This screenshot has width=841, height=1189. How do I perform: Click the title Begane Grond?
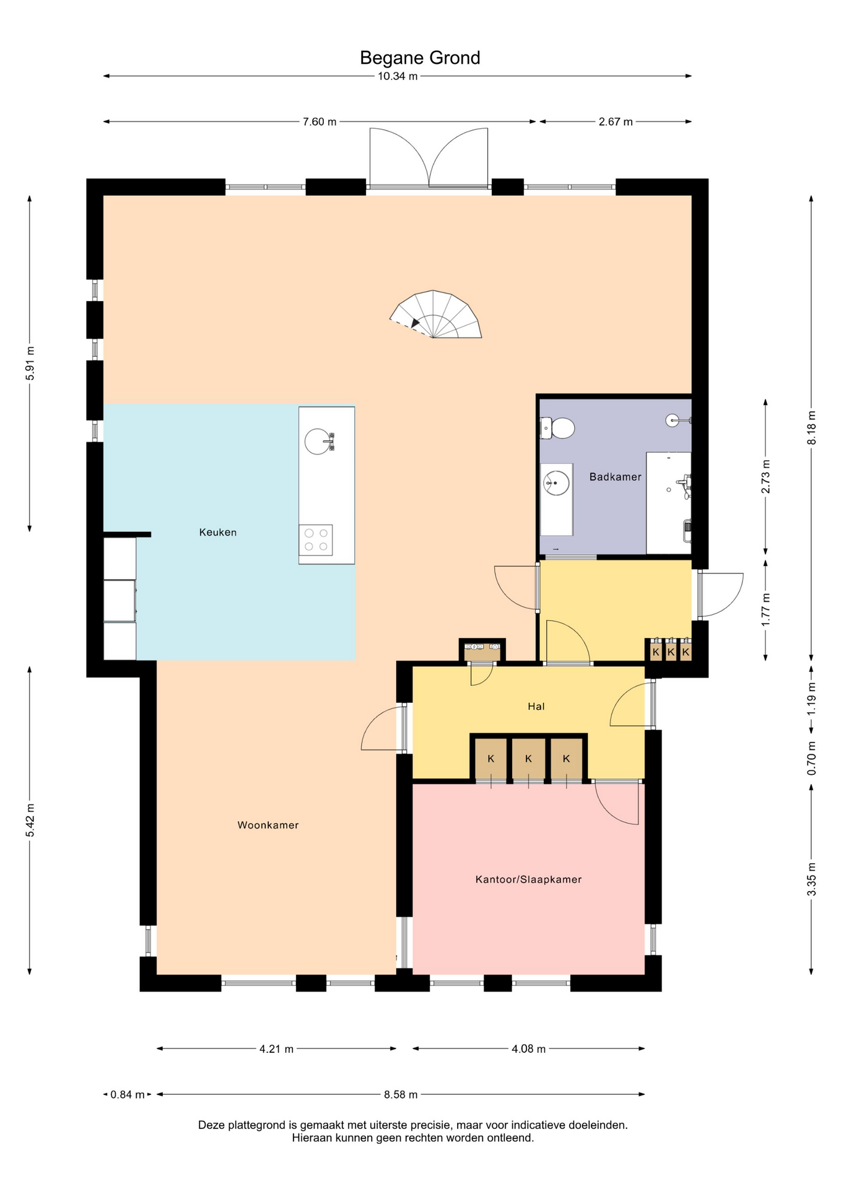[420, 58]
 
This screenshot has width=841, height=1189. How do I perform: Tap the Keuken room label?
[218, 532]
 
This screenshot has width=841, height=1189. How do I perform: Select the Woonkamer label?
[268, 825]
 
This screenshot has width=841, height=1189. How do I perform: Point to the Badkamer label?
[615, 477]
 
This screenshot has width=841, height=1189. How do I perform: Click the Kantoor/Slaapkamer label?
[528, 879]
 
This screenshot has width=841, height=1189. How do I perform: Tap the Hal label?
[536, 706]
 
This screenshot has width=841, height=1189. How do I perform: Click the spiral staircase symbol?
[435, 315]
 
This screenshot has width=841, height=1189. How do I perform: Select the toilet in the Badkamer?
[557, 428]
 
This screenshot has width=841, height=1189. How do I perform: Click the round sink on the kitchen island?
[318, 441]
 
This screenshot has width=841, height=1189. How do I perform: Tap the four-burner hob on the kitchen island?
[316, 540]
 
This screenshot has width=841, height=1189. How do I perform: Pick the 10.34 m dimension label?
[398, 76]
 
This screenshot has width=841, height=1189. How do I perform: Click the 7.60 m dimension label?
[320, 122]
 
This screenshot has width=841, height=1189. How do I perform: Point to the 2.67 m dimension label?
[616, 122]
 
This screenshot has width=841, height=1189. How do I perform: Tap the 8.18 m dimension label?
[811, 427]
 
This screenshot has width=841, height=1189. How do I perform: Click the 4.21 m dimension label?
[276, 1049]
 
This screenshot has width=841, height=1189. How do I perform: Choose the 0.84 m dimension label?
[128, 1095]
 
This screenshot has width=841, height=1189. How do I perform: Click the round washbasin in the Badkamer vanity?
[556, 483]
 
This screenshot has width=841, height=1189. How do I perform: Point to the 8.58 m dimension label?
[401, 1095]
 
